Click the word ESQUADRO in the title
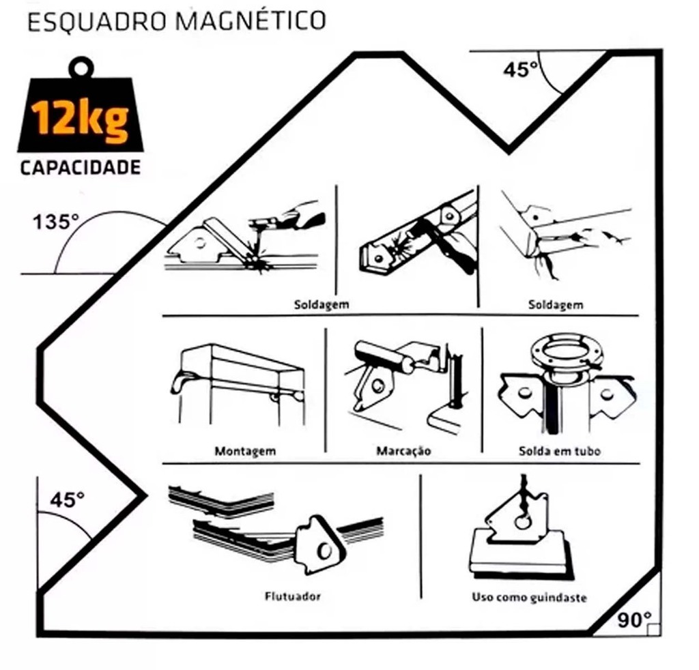pos(96,22)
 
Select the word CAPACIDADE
pos(81,168)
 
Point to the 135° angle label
pos(56,222)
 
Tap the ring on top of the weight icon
pos(81,68)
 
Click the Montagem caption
pos(245,451)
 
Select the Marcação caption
pos(403,451)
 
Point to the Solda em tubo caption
pos(560,451)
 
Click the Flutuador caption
pos(292,596)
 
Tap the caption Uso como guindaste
pos(529,598)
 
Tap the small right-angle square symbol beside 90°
pos(653,630)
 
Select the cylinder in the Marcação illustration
pos(384,357)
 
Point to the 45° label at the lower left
pos(67,499)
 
